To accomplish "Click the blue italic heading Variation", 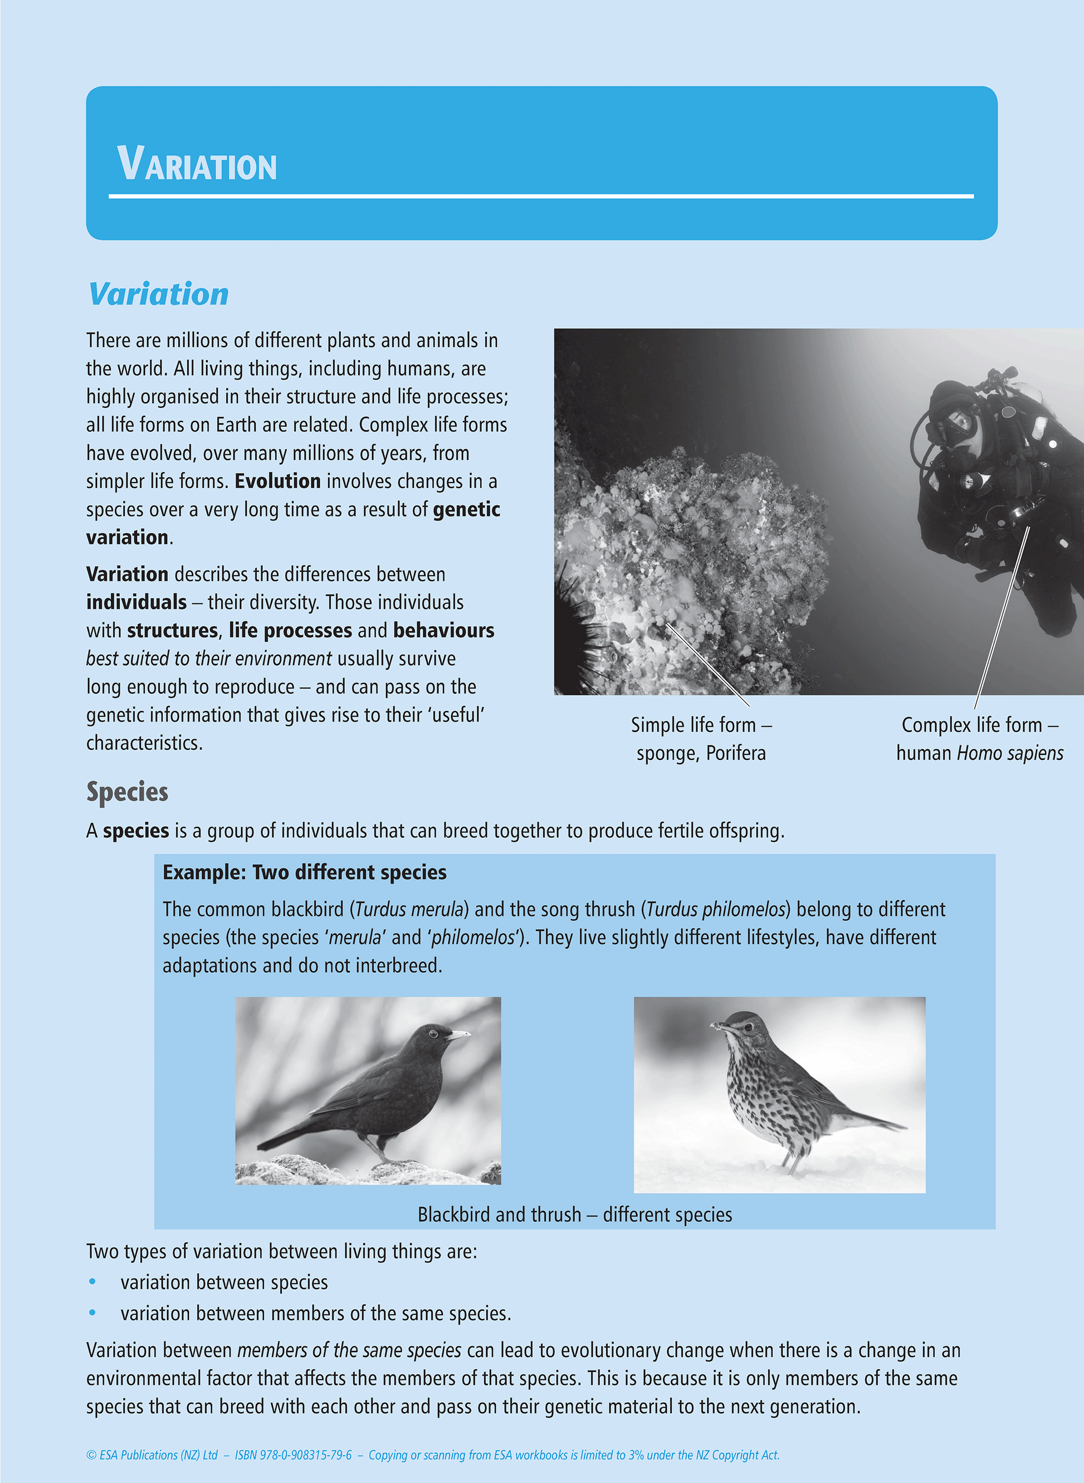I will pos(158,295).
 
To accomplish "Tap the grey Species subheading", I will pos(128,792).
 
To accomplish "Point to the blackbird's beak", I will pos(458,1035).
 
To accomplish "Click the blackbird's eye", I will pos(433,1033).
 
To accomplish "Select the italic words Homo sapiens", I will pos(1010,753).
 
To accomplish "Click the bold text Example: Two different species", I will pos(305,873).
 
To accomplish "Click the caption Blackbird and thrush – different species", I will pos(575,1214).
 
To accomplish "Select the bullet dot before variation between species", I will pos(92,1281).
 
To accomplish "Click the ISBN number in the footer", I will pos(294,1455).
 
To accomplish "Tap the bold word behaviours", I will pos(443,631).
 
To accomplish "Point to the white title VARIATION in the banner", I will pos(197,164).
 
